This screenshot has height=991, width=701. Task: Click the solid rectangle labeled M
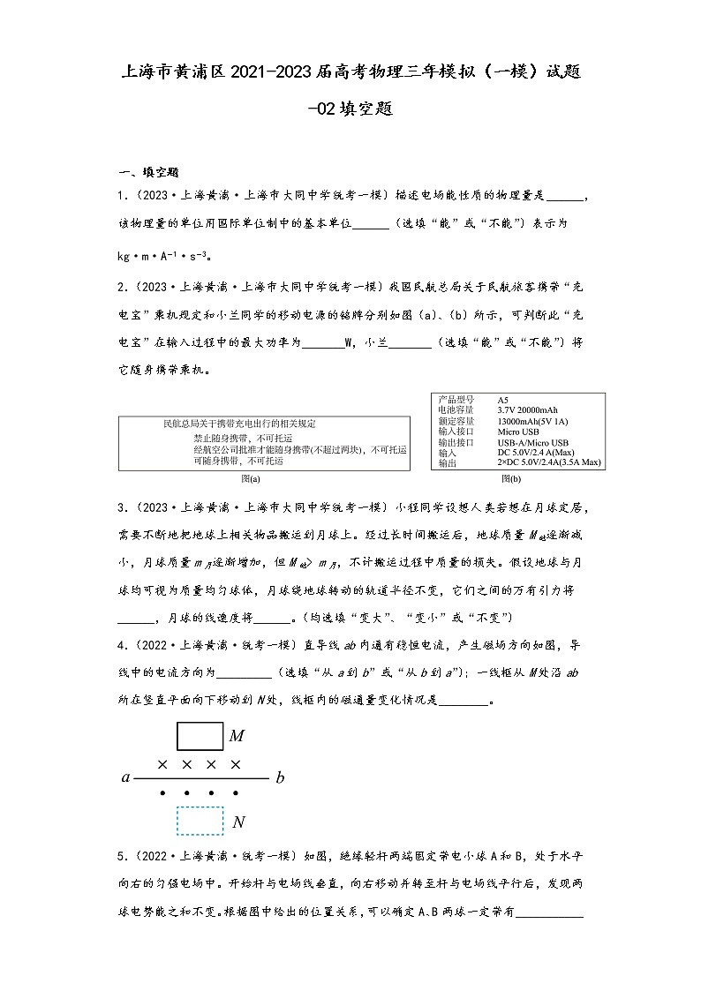point(200,735)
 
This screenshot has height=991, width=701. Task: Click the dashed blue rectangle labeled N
point(200,821)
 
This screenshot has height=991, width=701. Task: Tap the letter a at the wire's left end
point(126,778)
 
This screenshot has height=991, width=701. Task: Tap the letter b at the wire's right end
point(281,778)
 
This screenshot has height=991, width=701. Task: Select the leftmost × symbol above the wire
point(162,763)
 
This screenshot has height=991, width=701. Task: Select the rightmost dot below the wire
point(236,793)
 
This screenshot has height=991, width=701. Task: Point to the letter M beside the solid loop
point(237,736)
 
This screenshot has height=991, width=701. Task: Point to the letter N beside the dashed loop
point(238,822)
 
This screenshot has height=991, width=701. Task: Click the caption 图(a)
point(251,479)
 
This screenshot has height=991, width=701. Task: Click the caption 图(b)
point(510,479)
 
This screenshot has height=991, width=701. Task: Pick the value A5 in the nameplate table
point(502,400)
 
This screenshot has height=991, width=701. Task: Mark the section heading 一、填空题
point(149,172)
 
